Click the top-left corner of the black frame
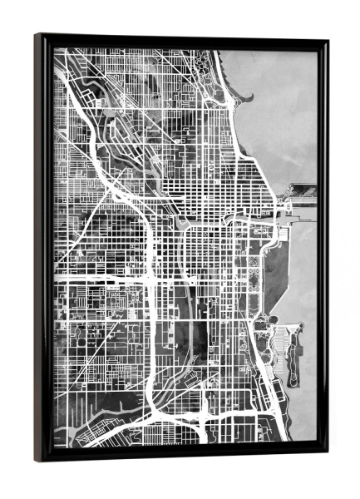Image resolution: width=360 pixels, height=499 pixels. (37, 36)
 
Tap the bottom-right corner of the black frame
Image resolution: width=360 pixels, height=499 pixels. (325, 454)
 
